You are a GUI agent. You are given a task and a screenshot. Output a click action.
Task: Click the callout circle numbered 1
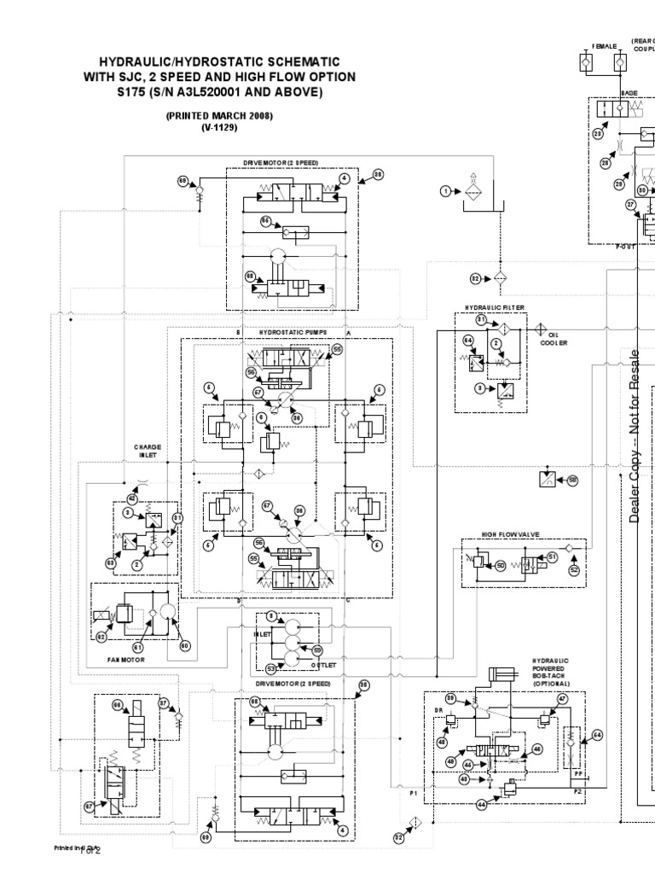445,191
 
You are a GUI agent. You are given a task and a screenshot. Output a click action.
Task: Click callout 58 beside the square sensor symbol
572,481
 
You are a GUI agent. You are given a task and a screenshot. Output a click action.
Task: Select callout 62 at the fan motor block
101,635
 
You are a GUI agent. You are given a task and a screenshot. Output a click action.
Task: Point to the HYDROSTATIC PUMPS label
287,331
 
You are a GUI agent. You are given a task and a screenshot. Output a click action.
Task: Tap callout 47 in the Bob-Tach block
562,699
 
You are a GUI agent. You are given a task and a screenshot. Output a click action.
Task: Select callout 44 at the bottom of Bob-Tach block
481,804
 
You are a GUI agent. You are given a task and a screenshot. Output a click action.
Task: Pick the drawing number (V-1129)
219,127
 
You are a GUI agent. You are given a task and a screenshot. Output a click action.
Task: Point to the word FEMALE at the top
604,45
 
